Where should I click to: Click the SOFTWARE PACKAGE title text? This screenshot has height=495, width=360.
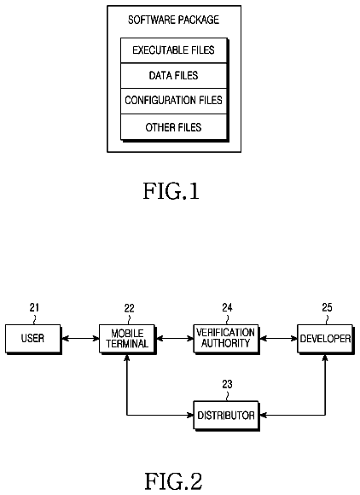point(173,20)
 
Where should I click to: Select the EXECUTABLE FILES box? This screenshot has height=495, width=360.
point(173,50)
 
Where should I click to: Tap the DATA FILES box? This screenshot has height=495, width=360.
point(173,76)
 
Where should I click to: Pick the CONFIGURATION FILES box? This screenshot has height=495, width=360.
point(173,101)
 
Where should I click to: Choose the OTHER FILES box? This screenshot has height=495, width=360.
point(173,127)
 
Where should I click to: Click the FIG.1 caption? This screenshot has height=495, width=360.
point(171,191)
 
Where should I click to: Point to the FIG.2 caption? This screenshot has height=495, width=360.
point(173,481)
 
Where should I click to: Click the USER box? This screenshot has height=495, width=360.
point(32,339)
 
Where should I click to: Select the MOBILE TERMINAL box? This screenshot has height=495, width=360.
point(127,339)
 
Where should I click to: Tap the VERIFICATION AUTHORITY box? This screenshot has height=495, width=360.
point(225,339)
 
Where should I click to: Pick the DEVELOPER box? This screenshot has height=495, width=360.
point(325,339)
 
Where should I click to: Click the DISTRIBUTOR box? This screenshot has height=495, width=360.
point(225,415)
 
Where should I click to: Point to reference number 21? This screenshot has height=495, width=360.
point(34,307)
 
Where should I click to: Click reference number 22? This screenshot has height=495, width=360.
point(129,308)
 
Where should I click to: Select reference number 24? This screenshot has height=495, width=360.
point(227,307)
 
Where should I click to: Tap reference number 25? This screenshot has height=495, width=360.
point(328,307)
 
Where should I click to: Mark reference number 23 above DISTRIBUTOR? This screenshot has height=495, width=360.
point(227,384)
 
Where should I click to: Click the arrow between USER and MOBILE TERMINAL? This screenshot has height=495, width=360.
point(80,339)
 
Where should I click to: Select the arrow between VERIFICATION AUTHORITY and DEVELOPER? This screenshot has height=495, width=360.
point(278,339)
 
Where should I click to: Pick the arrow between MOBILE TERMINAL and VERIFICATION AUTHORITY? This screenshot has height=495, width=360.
point(175,339)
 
